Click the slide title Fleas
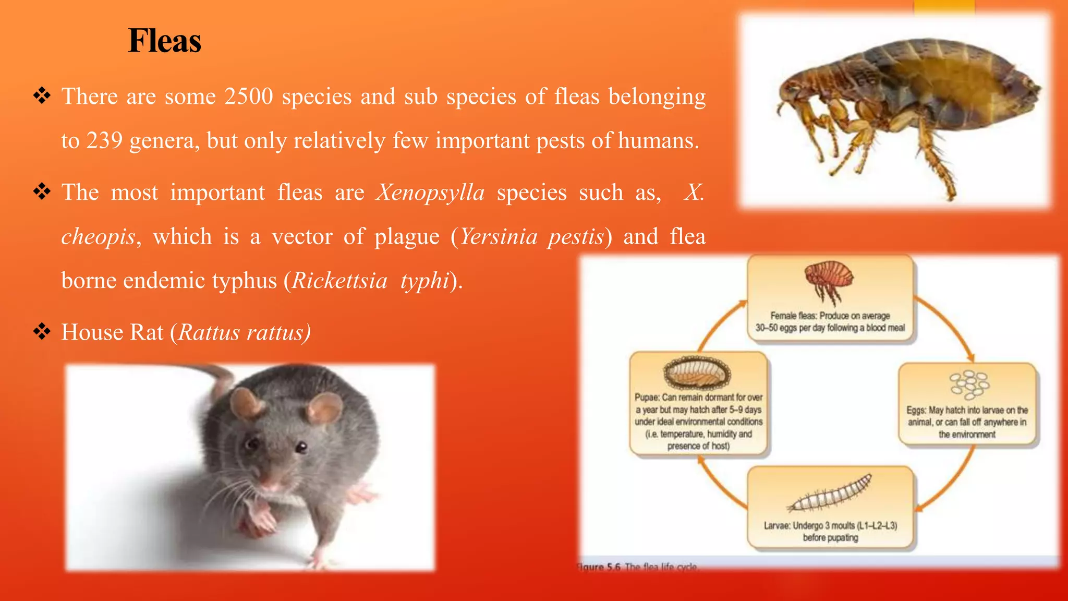[164, 41]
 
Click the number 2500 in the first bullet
[249, 97]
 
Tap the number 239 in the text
[104, 140]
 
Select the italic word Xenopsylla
[430, 193]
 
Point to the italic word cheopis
[98, 237]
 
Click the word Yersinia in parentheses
[499, 237]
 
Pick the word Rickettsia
[339, 281]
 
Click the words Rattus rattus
[244, 332]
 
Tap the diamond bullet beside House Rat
[42, 331]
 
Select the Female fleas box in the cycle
[830, 299]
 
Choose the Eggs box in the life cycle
[967, 405]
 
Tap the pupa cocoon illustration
[697, 372]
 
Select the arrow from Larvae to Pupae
[720, 485]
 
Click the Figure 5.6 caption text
[637, 567]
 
